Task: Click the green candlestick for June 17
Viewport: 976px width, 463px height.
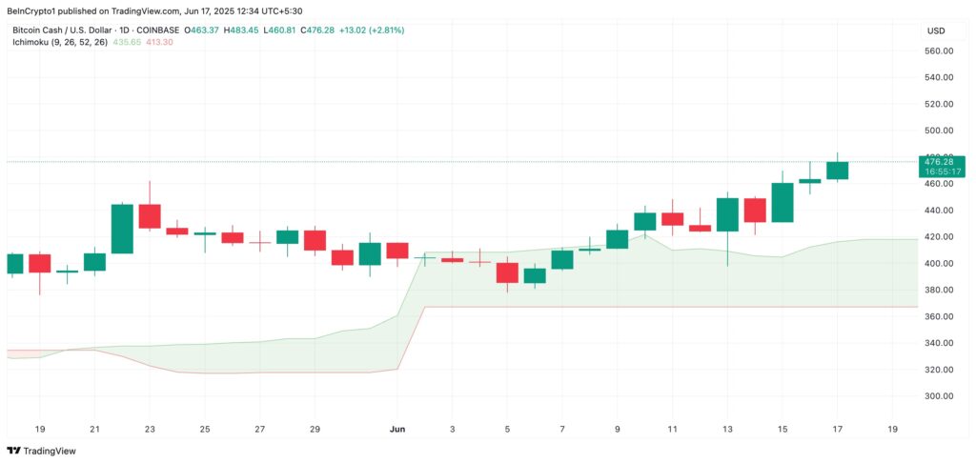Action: (837, 170)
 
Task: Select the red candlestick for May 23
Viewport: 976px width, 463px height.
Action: (150, 216)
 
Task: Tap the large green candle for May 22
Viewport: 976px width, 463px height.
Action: (122, 229)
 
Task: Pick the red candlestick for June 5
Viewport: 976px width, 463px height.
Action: (507, 272)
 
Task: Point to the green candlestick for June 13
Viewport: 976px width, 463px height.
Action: (727, 214)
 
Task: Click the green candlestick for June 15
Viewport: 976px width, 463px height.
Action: (783, 202)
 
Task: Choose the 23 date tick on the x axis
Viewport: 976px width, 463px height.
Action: (150, 430)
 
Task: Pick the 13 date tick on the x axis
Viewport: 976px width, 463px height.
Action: (727, 430)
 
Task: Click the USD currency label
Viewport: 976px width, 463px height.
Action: (935, 30)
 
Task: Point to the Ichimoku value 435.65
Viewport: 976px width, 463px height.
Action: (128, 43)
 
